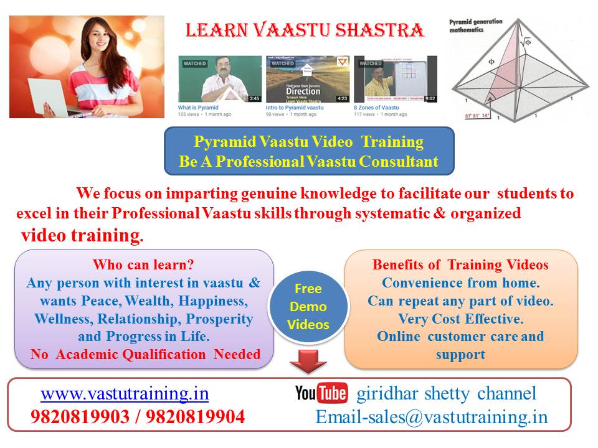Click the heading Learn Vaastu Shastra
(x=305, y=30)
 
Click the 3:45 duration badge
(x=254, y=98)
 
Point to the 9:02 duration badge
(x=430, y=98)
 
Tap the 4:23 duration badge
(x=342, y=98)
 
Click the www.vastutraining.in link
(x=125, y=394)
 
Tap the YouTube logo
(x=321, y=394)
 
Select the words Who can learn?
(x=144, y=264)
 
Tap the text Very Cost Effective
(x=460, y=319)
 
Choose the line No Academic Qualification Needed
(x=145, y=355)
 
